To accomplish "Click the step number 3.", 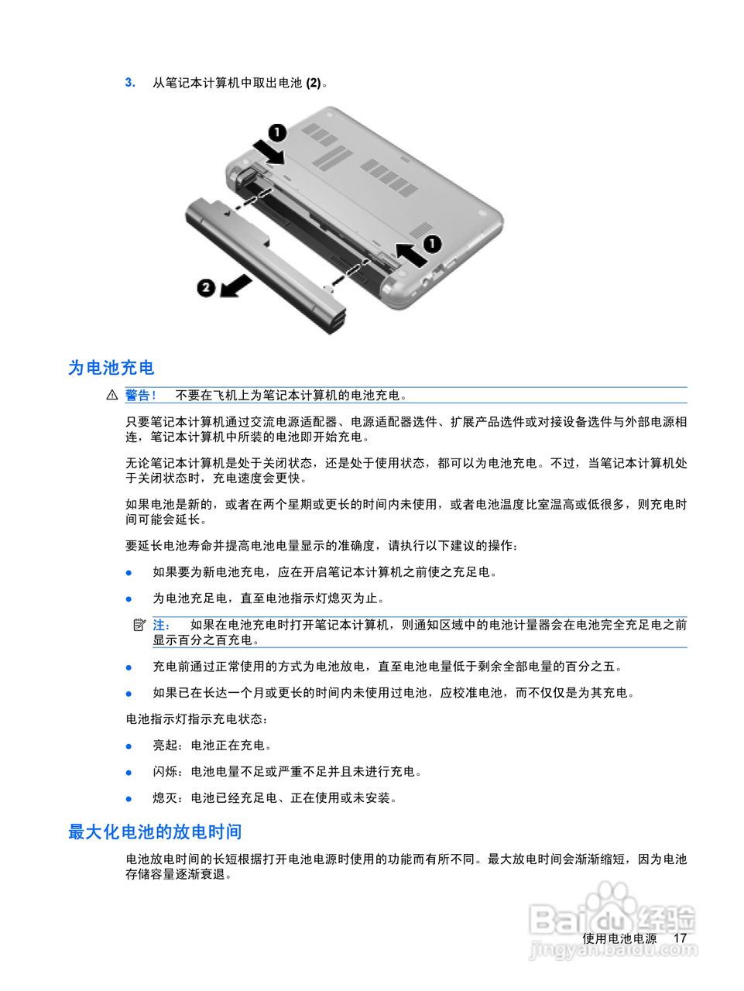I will (x=130, y=82).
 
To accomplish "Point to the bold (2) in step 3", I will (x=314, y=83).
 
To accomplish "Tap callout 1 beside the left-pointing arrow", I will (x=432, y=244).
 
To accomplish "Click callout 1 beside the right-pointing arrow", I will (x=276, y=132).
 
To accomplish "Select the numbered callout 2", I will (x=205, y=287).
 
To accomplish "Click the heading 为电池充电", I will (x=111, y=368).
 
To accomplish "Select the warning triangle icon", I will (x=112, y=396).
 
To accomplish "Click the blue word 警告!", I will (x=141, y=396).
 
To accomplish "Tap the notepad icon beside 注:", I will (x=139, y=625).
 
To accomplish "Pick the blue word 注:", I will (x=161, y=625).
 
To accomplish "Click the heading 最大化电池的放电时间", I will (x=155, y=832).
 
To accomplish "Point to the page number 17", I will (x=680, y=938).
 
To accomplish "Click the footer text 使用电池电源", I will (x=619, y=938).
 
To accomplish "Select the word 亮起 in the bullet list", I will (x=165, y=746).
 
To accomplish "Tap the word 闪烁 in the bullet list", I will (x=165, y=772).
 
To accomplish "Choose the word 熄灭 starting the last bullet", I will (x=165, y=798).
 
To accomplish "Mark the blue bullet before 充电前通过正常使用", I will (x=129, y=667).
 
